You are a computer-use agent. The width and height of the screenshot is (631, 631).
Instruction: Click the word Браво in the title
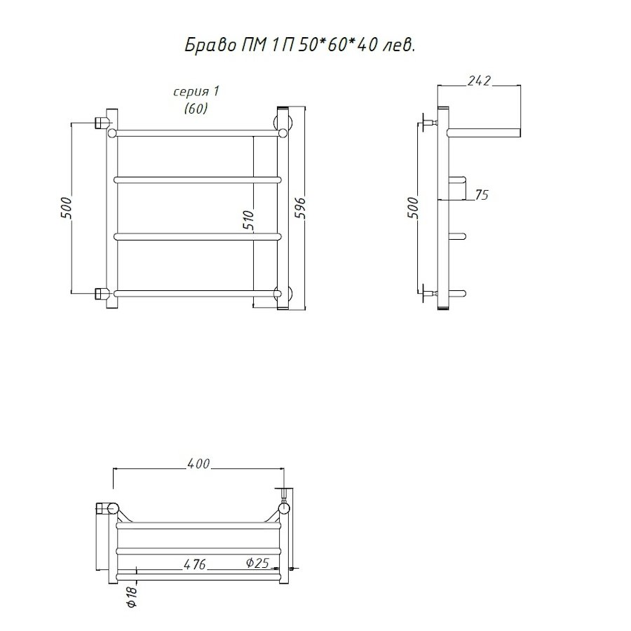click(x=210, y=46)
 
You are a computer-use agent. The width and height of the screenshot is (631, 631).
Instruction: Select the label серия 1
click(x=196, y=92)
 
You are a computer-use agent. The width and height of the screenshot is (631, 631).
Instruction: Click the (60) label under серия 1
click(x=196, y=108)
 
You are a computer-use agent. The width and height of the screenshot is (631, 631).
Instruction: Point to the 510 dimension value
click(x=249, y=220)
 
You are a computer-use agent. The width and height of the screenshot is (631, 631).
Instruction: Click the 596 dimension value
click(x=301, y=208)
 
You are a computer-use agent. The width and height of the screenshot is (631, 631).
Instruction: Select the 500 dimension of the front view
click(x=66, y=208)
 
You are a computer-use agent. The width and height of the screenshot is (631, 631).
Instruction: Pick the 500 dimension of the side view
click(x=413, y=208)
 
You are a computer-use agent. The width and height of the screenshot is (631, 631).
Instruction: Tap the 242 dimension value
click(x=479, y=81)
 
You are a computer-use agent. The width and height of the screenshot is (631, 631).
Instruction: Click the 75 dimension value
click(x=481, y=195)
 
